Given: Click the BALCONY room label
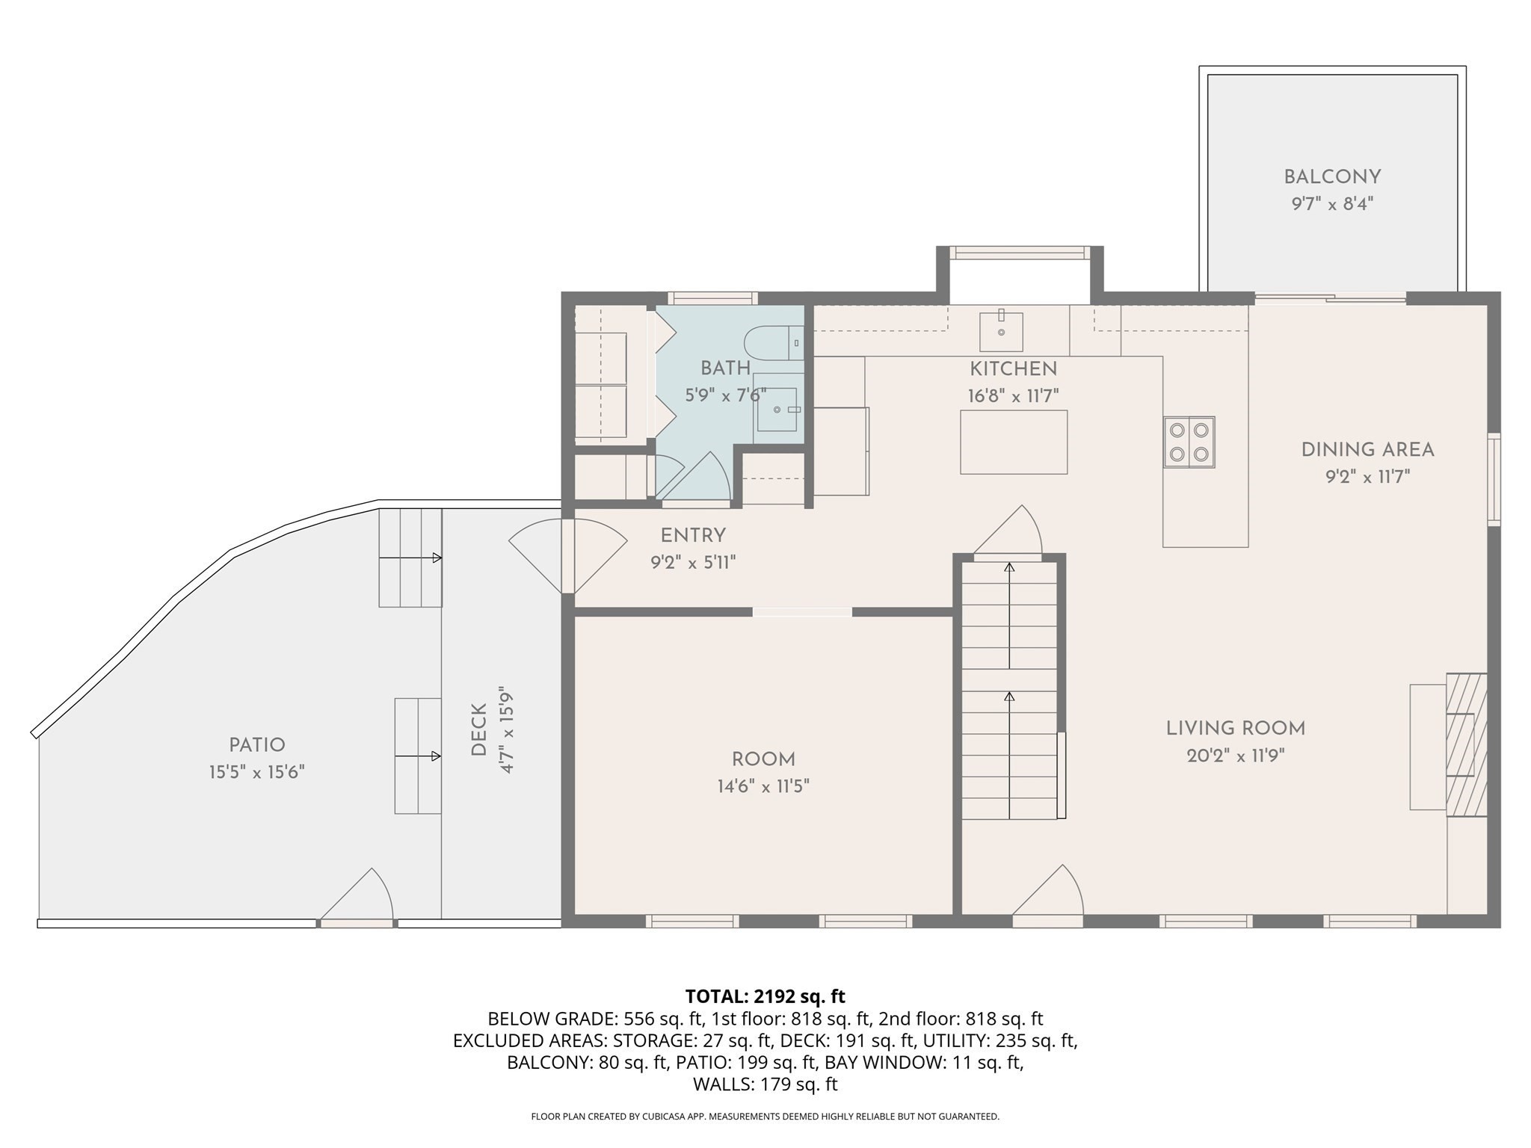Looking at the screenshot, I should pyautogui.click(x=1332, y=177).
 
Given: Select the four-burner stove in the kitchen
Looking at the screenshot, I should pyautogui.click(x=1189, y=442).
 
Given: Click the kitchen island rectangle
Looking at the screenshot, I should pyautogui.click(x=1014, y=442).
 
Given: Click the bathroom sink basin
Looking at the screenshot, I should pyautogui.click(x=777, y=409).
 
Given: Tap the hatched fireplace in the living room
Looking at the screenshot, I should pyautogui.click(x=1467, y=744).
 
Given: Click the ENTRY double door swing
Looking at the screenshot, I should pyautogui.click(x=568, y=555).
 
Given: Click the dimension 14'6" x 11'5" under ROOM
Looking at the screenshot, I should pyautogui.click(x=763, y=786).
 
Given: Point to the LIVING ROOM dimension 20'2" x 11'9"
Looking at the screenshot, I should pyautogui.click(x=1235, y=756).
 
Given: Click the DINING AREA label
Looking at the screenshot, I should pyautogui.click(x=1367, y=450).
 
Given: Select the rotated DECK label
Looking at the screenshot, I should pyautogui.click(x=479, y=729).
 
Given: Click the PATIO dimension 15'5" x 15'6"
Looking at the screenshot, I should pyautogui.click(x=256, y=772).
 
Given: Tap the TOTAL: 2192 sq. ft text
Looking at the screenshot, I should pyautogui.click(x=765, y=996).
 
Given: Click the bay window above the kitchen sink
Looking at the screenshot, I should pyautogui.click(x=1020, y=253).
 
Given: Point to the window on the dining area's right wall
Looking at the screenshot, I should pyautogui.click(x=1493, y=479).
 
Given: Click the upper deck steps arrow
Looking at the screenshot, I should pyautogui.click(x=410, y=558).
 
